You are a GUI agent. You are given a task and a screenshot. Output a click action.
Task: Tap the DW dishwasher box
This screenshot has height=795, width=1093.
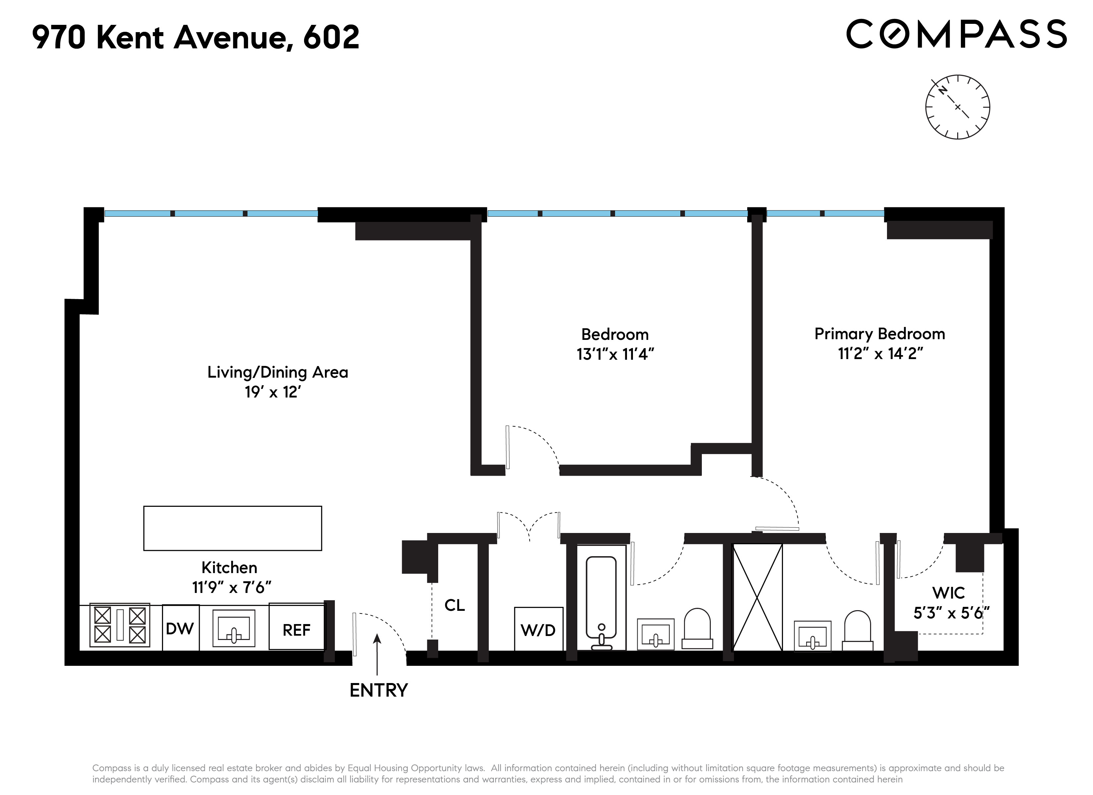click(180, 628)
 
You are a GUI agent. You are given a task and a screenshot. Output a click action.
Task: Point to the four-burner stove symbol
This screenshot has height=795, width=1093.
click(120, 625)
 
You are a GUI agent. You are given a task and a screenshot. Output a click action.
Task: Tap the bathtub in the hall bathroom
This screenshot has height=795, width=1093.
click(601, 598)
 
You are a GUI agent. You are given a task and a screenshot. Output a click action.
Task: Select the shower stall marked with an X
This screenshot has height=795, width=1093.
click(757, 598)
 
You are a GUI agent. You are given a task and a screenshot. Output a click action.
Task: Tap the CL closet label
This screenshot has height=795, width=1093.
click(454, 605)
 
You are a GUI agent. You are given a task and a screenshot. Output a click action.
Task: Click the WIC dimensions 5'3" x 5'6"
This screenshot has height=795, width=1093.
click(951, 613)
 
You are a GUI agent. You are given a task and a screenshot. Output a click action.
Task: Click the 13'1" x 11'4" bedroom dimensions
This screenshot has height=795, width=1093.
click(615, 354)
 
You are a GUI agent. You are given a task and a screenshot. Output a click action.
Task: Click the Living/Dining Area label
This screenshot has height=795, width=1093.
click(278, 372)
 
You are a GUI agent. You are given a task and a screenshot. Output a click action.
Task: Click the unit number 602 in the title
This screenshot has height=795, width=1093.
click(331, 38)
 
